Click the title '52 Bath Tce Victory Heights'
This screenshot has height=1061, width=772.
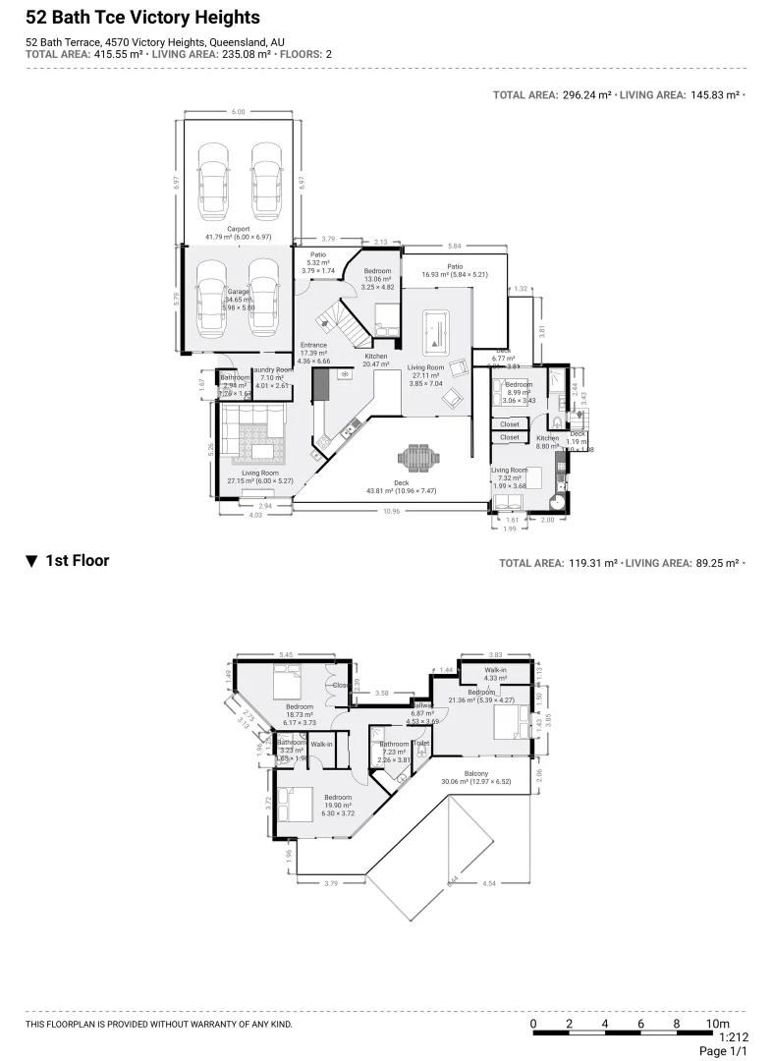point(142,18)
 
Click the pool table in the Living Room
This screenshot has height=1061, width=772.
point(433,334)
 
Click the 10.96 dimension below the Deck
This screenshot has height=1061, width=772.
point(391,511)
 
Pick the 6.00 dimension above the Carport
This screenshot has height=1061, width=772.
point(238,112)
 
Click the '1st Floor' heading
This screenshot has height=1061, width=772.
point(77,561)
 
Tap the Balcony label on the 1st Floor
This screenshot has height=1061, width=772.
point(476,774)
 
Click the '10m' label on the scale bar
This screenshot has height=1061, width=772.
point(718,1024)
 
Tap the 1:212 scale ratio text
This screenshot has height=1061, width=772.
point(734,1036)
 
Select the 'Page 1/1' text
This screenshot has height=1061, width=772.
point(724,1051)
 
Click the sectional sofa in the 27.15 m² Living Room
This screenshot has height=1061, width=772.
point(253,434)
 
